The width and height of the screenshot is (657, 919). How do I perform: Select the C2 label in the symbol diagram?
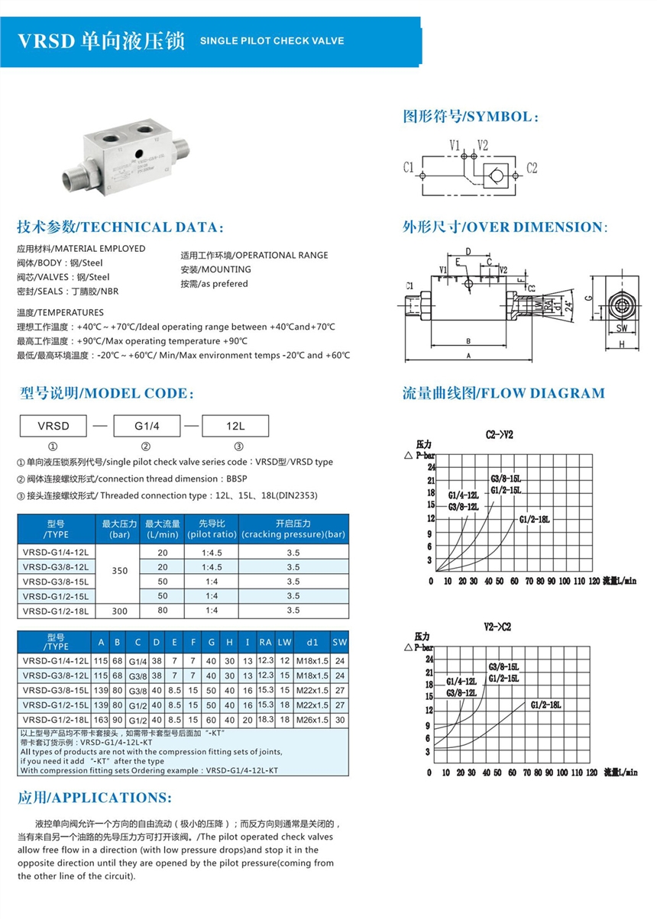point(532,167)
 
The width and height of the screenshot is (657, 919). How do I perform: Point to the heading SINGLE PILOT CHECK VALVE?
point(272,40)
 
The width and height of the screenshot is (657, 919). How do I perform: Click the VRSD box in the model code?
point(53,426)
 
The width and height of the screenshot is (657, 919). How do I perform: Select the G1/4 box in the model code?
point(146,426)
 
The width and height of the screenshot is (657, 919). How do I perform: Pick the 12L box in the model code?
point(235,426)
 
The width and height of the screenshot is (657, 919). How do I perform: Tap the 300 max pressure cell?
point(119,611)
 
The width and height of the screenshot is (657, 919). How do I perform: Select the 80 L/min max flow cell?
point(162,611)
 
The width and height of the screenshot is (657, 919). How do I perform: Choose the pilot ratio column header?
point(211,528)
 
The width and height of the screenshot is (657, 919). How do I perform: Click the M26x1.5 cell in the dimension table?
point(312,720)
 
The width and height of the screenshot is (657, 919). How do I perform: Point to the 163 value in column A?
point(102,720)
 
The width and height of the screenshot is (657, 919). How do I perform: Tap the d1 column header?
point(312,642)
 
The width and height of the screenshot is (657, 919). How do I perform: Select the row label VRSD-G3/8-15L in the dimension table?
point(56,690)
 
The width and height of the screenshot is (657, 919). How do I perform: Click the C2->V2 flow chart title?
point(499,434)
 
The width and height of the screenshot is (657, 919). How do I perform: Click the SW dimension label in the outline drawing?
point(620,329)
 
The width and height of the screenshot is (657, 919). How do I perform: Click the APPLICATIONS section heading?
point(95,798)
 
